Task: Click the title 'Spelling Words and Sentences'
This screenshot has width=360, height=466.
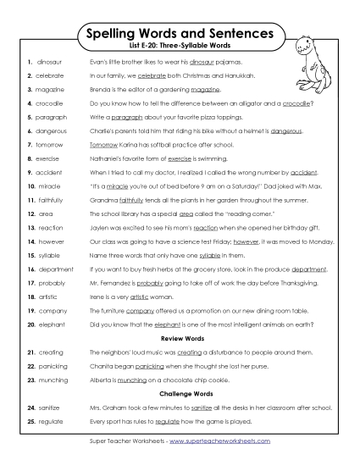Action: point(180,34)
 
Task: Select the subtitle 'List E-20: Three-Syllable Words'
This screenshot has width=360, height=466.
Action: point(180,47)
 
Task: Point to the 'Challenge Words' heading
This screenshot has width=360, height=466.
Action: point(180,394)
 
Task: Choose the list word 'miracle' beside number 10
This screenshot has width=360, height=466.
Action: point(48,186)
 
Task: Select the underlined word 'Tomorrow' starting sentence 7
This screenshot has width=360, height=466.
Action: point(104,145)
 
